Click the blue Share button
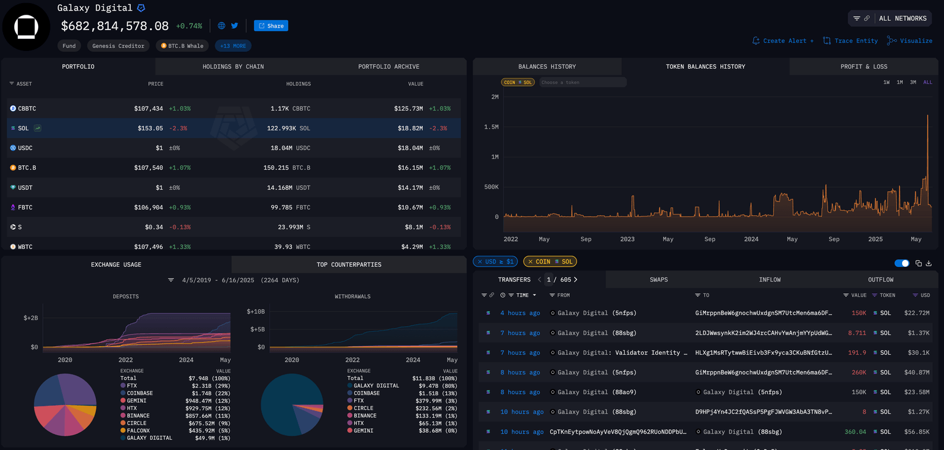click(271, 26)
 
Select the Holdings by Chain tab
click(233, 66)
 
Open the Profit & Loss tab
click(863, 66)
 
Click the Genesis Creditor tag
click(119, 45)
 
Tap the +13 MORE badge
click(233, 45)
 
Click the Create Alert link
click(783, 41)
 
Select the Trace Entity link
click(851, 41)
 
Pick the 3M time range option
click(913, 82)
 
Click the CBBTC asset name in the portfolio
click(27, 109)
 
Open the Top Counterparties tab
click(348, 264)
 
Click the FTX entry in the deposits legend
click(132, 385)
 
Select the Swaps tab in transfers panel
click(659, 280)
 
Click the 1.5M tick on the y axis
click(490, 127)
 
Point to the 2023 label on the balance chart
click(627, 239)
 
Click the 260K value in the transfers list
click(859, 373)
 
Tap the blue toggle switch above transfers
click(902, 263)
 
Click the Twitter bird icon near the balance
click(235, 26)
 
